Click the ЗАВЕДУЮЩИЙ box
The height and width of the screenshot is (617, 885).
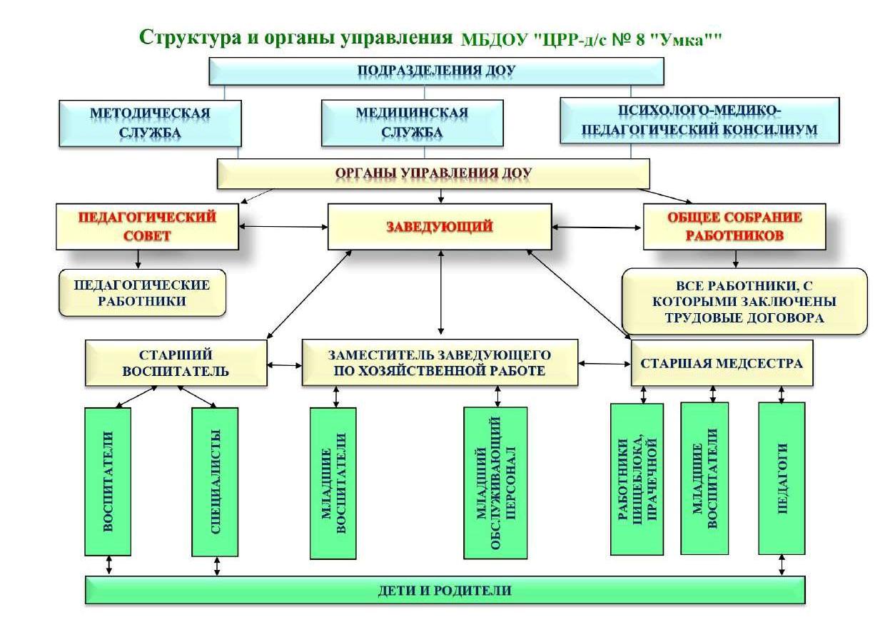pos(439,227)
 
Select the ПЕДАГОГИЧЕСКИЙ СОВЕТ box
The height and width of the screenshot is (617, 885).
pos(147,227)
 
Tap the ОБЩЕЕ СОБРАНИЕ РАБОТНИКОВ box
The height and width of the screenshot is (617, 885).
pos(734,227)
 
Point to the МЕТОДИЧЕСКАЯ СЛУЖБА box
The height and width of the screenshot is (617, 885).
pos(150,123)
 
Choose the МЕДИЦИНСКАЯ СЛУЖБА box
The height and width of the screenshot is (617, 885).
pos(412,123)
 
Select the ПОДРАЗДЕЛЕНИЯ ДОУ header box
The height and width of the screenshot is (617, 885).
pos(436,71)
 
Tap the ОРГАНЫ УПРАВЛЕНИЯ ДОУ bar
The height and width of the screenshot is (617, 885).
pos(433,173)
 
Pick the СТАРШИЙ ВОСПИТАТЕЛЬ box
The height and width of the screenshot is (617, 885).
pos(176,362)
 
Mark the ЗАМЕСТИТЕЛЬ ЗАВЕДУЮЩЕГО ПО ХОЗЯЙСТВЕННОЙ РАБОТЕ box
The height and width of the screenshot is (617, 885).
pos(439,362)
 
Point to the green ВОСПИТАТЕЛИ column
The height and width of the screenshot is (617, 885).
pos(108,481)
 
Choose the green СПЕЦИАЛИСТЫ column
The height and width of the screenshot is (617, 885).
pos(215,481)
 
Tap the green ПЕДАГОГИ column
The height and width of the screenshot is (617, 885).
pos(782,478)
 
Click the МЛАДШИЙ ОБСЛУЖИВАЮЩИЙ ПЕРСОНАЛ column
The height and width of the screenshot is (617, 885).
pos(495,482)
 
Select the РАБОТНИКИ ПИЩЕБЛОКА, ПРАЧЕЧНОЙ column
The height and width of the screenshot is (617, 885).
pos(637,479)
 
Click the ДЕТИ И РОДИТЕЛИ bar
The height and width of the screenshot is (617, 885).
pos(445,591)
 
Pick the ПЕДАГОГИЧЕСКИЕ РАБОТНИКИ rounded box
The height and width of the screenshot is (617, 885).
pos(142,292)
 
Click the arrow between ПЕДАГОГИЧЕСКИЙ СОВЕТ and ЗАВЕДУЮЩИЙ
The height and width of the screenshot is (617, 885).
pos(283,227)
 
